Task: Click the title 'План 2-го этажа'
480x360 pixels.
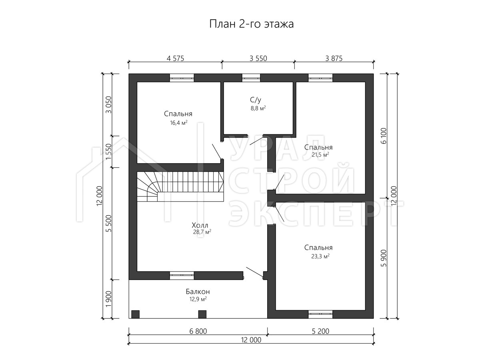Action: (251, 24)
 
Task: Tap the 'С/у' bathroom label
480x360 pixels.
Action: (256, 100)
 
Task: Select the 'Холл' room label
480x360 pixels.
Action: (200, 225)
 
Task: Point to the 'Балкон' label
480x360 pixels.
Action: (198, 291)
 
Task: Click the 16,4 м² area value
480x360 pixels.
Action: (179, 123)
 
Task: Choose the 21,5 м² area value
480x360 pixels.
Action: (320, 154)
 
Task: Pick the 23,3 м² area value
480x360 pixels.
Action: (320, 256)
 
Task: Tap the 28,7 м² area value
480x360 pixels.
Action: (202, 232)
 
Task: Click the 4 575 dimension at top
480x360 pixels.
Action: (175, 58)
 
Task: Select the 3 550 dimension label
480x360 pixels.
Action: (258, 58)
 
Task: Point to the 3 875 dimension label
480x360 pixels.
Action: (334, 58)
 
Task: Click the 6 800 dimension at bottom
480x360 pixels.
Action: (198, 331)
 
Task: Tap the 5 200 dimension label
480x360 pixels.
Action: (320, 331)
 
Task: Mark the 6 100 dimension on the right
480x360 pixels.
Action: (384, 136)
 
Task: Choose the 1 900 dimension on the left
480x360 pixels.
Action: (109, 299)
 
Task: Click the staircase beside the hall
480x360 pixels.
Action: (180, 186)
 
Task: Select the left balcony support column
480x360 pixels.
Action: (135, 314)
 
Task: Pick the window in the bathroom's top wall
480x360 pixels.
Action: (251, 78)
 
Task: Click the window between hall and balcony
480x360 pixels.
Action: (182, 276)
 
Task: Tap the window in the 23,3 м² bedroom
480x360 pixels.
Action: (320, 314)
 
